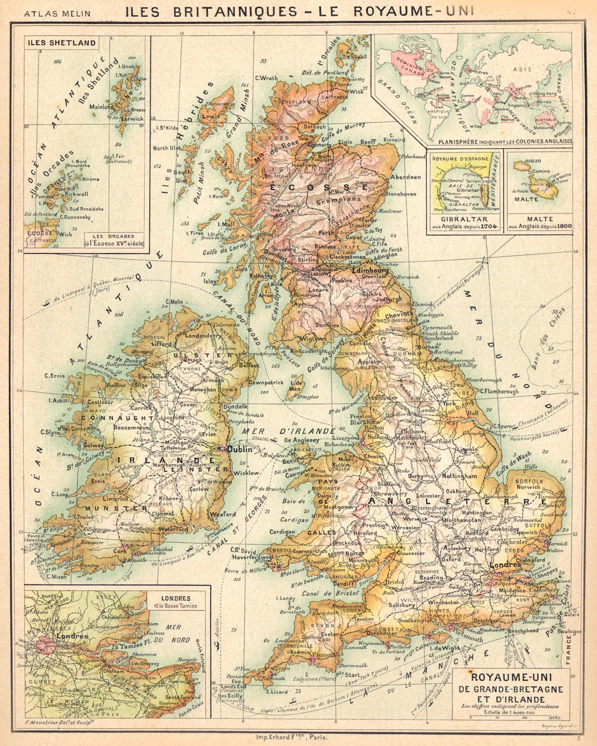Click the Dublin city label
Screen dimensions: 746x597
[241, 449]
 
